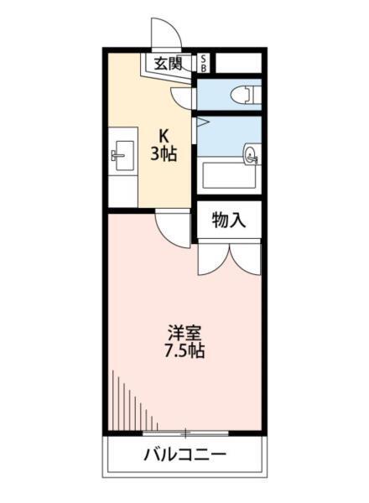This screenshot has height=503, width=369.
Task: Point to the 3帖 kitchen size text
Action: [x=164, y=154]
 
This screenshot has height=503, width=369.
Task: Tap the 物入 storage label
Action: [x=228, y=220]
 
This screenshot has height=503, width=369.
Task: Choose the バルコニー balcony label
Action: [x=185, y=458]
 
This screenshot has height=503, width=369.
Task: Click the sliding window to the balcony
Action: [x=185, y=433]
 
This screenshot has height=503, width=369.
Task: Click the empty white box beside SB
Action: [x=238, y=62]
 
